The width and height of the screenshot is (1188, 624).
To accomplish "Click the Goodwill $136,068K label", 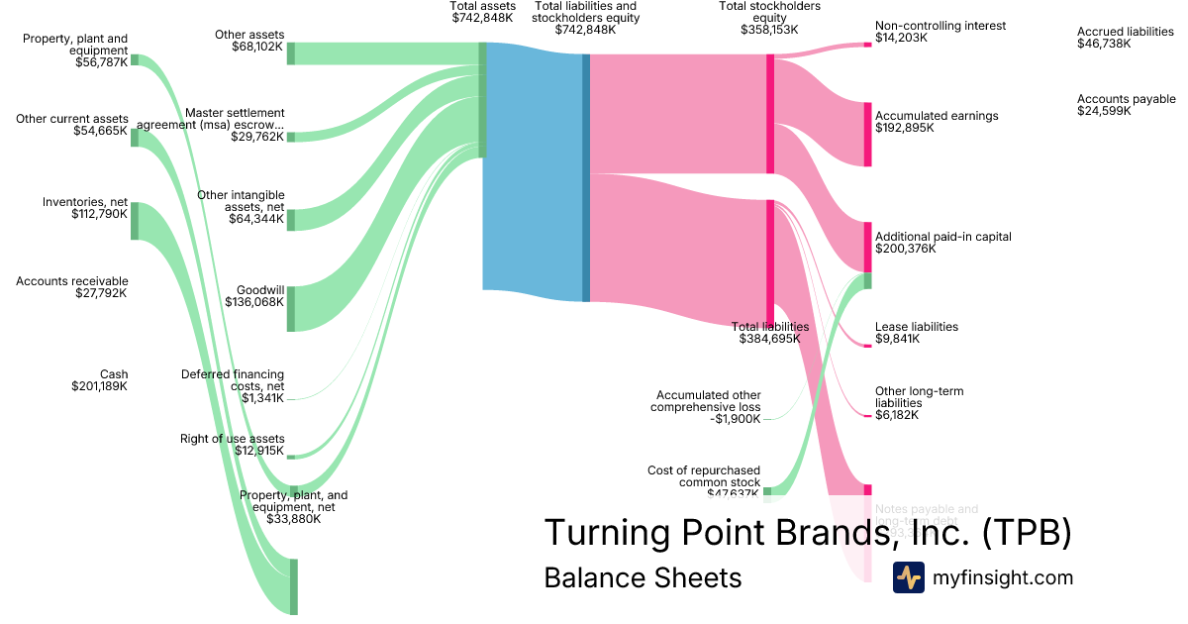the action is tap(254, 296).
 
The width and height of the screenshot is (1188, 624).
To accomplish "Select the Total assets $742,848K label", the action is tap(482, 12).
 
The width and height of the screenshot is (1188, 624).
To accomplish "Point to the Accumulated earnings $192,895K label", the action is tap(937, 122).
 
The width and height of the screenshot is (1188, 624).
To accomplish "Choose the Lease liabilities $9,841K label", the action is tap(916, 333).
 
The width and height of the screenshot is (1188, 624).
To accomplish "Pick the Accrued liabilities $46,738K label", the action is tap(1125, 38).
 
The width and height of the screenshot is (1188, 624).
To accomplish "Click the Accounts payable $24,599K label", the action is tap(1126, 105).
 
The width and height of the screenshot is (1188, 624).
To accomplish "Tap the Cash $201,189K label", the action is tap(100, 380).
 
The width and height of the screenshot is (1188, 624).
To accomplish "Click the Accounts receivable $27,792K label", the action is tap(72, 287).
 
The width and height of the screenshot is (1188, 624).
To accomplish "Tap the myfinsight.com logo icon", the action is tap(908, 577).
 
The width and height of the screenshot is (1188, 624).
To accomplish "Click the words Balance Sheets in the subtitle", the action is tap(643, 577).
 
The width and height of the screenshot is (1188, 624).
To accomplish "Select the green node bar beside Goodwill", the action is tap(291, 308).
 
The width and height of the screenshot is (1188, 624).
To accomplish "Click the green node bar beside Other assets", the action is tap(291, 53).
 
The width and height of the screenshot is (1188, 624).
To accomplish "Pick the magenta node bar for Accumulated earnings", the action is tap(868, 134).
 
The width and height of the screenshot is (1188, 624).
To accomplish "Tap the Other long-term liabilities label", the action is tap(919, 403).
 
